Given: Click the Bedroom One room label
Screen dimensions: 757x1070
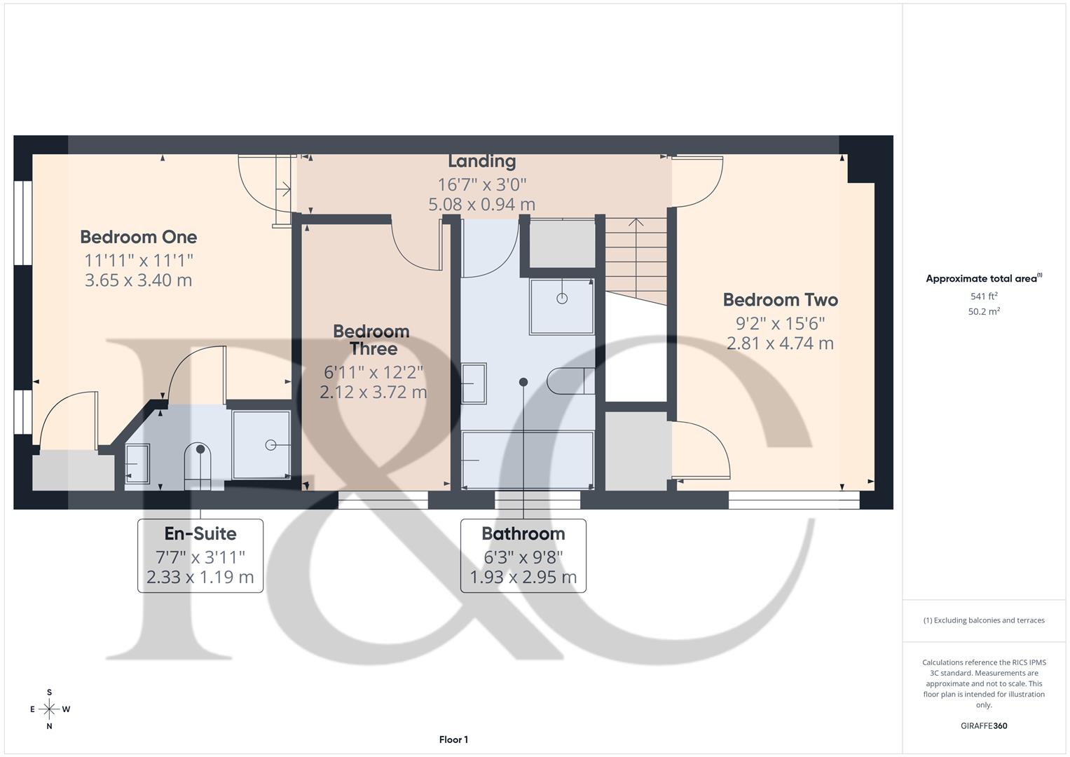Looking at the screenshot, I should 138,237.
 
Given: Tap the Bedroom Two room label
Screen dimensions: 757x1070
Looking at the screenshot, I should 780,300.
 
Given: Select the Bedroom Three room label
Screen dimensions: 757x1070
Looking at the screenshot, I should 371,340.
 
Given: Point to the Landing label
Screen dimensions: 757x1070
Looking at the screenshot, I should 481,161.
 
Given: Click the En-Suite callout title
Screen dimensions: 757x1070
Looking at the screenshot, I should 200,534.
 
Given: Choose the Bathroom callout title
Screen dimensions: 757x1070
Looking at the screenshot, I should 523,534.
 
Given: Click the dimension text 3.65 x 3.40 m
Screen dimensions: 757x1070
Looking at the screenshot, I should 138,280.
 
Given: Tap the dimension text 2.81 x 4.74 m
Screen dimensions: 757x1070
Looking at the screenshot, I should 780,343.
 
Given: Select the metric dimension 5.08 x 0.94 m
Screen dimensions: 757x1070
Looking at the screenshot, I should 481,205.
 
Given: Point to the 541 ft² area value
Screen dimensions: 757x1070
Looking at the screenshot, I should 984,296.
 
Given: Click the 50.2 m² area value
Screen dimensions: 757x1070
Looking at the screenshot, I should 984,312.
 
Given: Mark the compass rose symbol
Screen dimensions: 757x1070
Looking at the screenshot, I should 50,709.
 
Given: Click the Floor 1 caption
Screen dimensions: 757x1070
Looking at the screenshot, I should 453,739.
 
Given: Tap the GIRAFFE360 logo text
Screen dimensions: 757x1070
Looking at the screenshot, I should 984,725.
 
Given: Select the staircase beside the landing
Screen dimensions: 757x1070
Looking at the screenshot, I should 636,259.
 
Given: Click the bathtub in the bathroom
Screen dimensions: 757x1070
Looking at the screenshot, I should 528,460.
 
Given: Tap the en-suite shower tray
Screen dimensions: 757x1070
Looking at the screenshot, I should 261,444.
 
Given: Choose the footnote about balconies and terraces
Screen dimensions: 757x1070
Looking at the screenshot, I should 984,620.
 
